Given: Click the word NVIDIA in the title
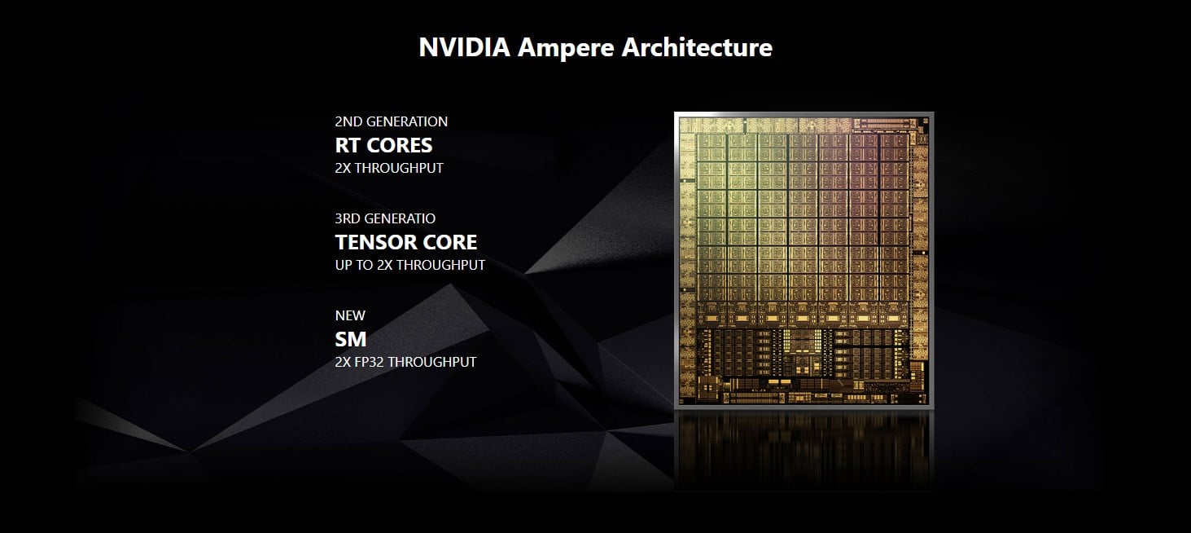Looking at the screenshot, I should coord(464,47).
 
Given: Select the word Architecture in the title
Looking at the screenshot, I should coord(696,47).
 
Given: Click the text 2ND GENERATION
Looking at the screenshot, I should coord(391,121).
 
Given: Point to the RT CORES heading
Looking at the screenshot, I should coord(383,145).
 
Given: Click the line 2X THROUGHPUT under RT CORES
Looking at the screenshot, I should coord(389,168).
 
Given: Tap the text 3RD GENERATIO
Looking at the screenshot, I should coord(385,218).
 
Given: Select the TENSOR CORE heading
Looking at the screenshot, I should coord(405,242).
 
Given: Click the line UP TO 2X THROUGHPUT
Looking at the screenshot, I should coord(409,265).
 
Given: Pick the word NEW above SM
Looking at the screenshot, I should coord(350,315).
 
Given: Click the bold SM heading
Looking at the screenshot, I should coord(350,338).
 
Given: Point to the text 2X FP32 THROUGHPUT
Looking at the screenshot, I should coord(405,362).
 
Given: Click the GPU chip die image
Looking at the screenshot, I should coord(803,258).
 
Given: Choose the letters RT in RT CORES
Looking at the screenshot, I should coord(346,145).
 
